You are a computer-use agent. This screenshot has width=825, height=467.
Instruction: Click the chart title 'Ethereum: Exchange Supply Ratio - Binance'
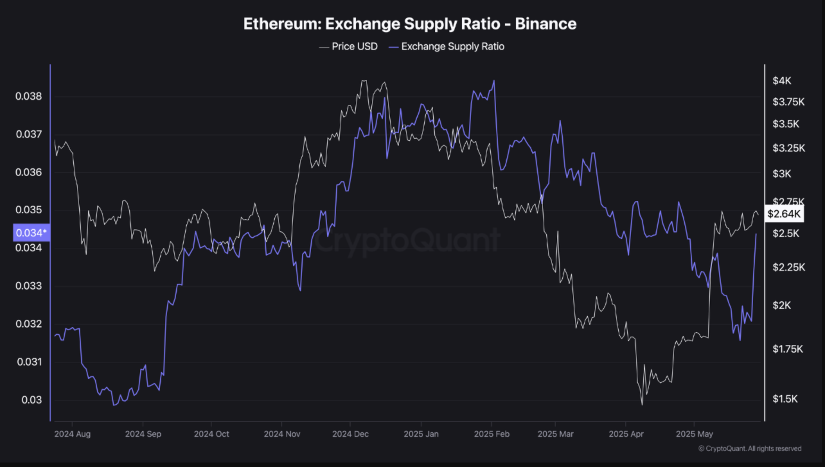pos(410,24)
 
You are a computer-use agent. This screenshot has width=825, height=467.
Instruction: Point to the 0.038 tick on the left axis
pos(29,96)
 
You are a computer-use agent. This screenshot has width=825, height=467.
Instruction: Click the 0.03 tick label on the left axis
pos(31,400)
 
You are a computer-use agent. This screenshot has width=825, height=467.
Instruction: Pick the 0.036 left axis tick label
pos(29,172)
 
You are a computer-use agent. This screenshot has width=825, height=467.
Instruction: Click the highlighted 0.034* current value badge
pos(31,233)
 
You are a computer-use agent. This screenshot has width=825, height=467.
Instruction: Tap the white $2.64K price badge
pos(784,214)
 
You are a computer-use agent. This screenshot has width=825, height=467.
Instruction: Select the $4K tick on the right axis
pos(782,81)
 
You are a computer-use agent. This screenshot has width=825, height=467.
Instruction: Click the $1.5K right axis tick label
pos(785,399)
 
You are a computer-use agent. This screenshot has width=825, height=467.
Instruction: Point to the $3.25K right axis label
pos(789,148)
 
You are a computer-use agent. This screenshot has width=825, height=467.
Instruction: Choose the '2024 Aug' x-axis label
pos(72,434)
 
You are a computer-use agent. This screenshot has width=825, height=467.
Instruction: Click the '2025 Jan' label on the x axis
pos(421,434)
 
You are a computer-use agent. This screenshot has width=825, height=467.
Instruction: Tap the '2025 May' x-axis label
pos(694,434)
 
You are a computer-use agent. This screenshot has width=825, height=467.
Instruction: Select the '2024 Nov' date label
pos(282,434)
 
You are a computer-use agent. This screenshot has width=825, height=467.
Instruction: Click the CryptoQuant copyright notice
pos(750,449)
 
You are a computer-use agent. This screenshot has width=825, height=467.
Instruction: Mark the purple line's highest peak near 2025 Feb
pos(494,81)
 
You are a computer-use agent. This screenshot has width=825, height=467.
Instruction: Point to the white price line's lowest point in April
pos(642,405)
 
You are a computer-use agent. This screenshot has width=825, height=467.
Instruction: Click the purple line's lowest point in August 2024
pos(114,405)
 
